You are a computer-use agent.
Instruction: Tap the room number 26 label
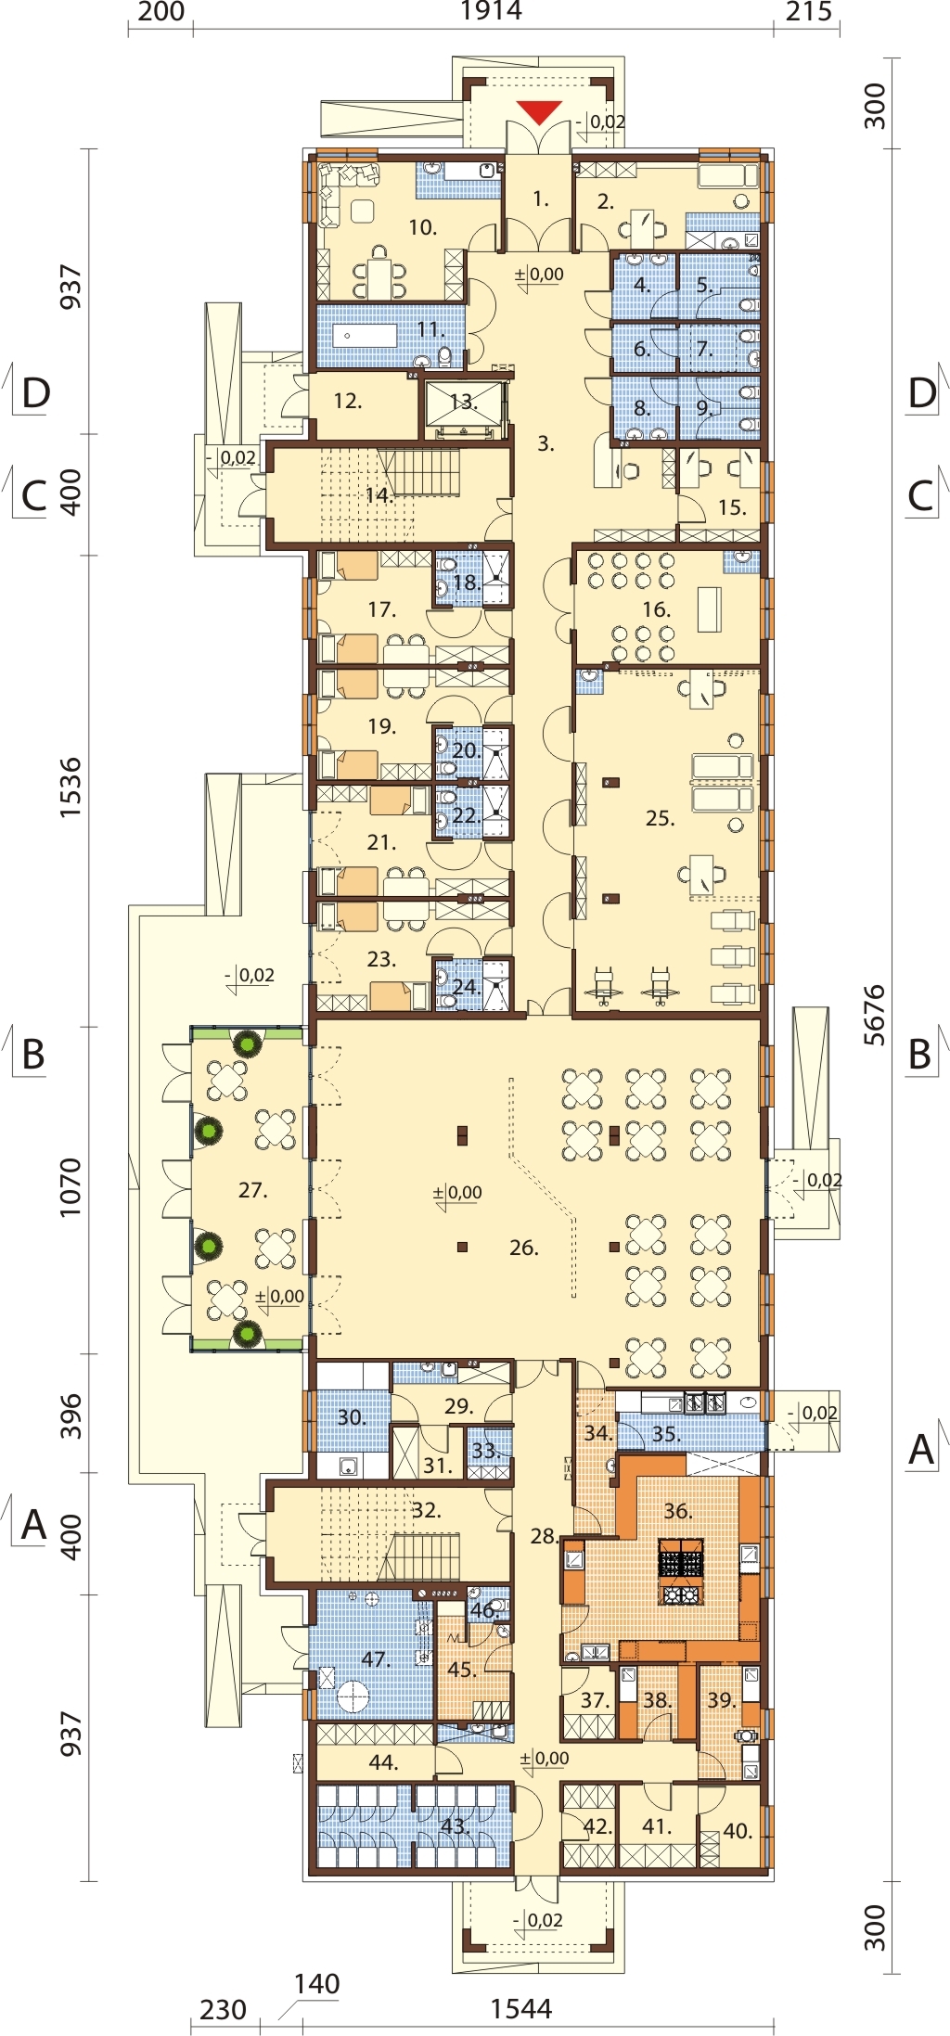pyautogui.click(x=524, y=1248)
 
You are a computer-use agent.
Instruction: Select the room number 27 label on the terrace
pyautogui.click(x=252, y=1189)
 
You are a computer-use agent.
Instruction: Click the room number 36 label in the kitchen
pyautogui.click(x=677, y=1510)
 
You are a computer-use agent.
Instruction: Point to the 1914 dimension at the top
pyautogui.click(x=491, y=11)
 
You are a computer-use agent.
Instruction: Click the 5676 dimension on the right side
pyautogui.click(x=874, y=1015)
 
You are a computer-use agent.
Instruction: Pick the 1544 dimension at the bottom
pyautogui.click(x=520, y=2008)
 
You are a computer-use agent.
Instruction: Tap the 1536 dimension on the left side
pyautogui.click(x=71, y=788)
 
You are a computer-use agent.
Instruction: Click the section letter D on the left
pyautogui.click(x=35, y=393)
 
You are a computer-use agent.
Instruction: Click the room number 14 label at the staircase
pyautogui.click(x=379, y=494)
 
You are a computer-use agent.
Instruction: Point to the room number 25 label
pyautogui.click(x=660, y=818)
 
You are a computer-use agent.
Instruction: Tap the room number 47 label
pyautogui.click(x=376, y=1658)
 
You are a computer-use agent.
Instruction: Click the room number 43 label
pyautogui.click(x=454, y=1825)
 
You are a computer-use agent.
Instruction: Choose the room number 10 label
pyautogui.click(x=423, y=227)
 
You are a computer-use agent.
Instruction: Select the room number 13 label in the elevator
pyautogui.click(x=464, y=403)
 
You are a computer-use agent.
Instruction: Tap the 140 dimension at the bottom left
pyautogui.click(x=316, y=1983)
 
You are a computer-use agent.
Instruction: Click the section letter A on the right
pyautogui.click(x=920, y=1448)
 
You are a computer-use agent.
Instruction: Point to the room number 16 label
pyautogui.click(x=656, y=609)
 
